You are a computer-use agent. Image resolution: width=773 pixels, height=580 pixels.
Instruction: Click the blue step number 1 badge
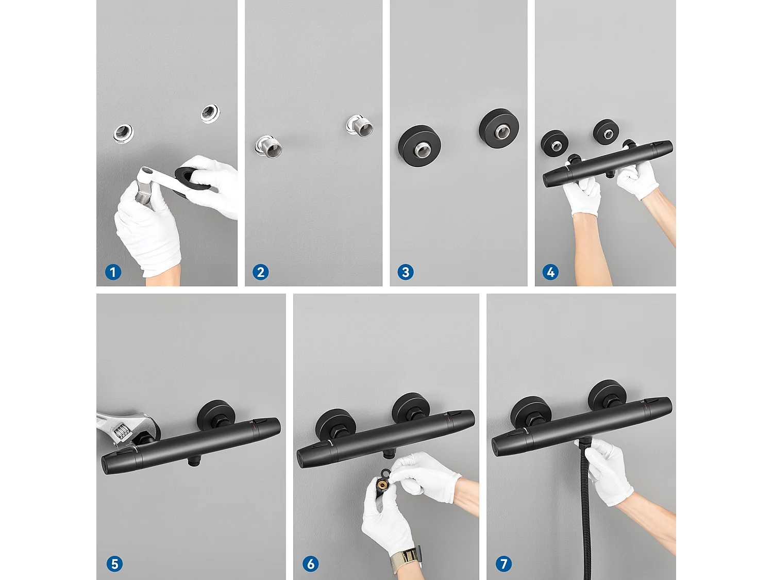113,272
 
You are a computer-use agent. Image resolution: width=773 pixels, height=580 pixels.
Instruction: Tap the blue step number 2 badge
260,272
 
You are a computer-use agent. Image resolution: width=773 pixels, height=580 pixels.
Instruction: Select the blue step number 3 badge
406,272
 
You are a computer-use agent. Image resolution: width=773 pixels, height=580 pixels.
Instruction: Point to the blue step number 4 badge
550,272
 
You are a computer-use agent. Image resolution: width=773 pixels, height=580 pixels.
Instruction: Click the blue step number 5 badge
114,564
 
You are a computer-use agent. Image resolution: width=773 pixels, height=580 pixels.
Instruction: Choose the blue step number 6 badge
310,564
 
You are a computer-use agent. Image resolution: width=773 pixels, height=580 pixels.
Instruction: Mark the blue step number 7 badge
503,564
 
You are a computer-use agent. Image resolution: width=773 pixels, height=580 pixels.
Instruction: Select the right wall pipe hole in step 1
210,113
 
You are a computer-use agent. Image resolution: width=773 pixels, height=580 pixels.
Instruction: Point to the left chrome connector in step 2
268,146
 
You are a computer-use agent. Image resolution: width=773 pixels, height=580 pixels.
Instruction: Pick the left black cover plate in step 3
419,145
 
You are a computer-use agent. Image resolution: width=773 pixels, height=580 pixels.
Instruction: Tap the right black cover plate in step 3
499,128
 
